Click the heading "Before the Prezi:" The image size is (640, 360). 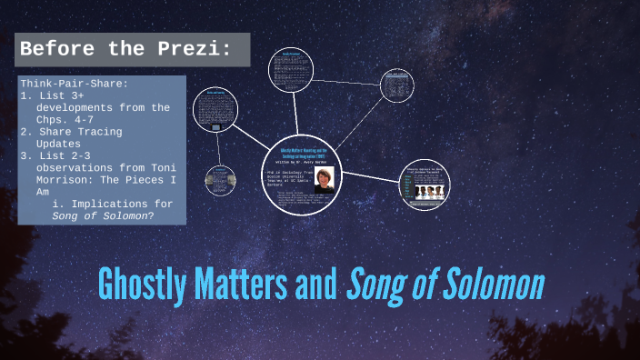125,49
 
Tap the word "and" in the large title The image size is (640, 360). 315,285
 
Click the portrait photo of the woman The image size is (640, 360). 324,177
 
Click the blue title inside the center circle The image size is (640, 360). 304,151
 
